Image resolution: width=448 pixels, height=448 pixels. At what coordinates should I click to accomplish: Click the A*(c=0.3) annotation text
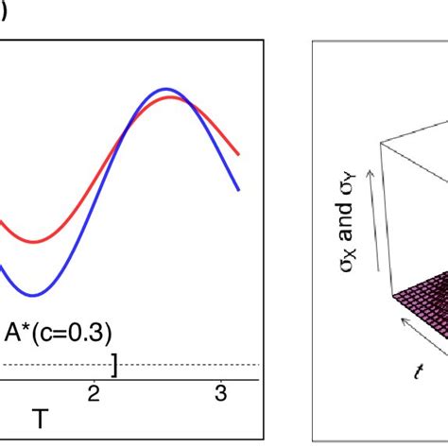pos(58,333)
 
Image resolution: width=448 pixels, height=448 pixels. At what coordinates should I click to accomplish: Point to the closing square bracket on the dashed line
pos(114,364)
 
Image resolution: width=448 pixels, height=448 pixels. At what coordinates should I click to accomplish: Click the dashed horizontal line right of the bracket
pos(189,365)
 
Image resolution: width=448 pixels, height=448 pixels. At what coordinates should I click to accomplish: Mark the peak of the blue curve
pos(166,89)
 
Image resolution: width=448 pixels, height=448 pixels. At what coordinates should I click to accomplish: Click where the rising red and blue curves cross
pos(124,142)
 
